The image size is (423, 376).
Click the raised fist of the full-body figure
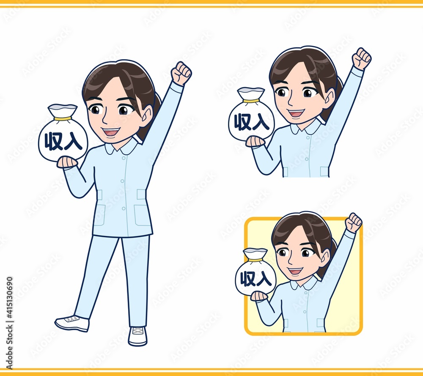(x=181, y=73)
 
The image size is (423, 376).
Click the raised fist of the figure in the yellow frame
(x=354, y=222)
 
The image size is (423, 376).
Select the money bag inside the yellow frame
(x=256, y=272)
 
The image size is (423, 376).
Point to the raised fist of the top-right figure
(x=362, y=58)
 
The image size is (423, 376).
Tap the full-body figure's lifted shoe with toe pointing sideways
(x=72, y=323)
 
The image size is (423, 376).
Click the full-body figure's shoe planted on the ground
(x=137, y=336)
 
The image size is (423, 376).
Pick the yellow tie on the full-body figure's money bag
(x=63, y=118)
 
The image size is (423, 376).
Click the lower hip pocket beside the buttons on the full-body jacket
(x=142, y=215)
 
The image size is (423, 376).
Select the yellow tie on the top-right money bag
(x=251, y=101)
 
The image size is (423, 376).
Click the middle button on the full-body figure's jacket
(x=123, y=181)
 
